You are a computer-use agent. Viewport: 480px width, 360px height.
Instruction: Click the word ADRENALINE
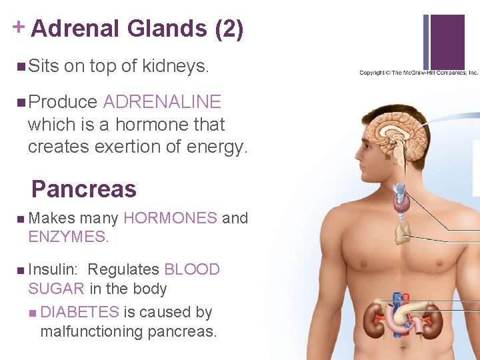click(162, 102)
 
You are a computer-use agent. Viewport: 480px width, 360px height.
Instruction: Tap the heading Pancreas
click(83, 189)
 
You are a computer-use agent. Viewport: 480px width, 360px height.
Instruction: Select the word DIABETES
click(79, 312)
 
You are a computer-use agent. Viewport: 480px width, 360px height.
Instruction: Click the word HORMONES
click(170, 218)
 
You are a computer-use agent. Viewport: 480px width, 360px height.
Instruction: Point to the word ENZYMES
click(67, 236)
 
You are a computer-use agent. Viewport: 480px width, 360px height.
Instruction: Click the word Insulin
click(53, 270)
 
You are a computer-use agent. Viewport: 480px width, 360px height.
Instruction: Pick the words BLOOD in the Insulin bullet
click(192, 270)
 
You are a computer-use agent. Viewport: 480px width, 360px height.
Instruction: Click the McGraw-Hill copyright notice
click(419, 73)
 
